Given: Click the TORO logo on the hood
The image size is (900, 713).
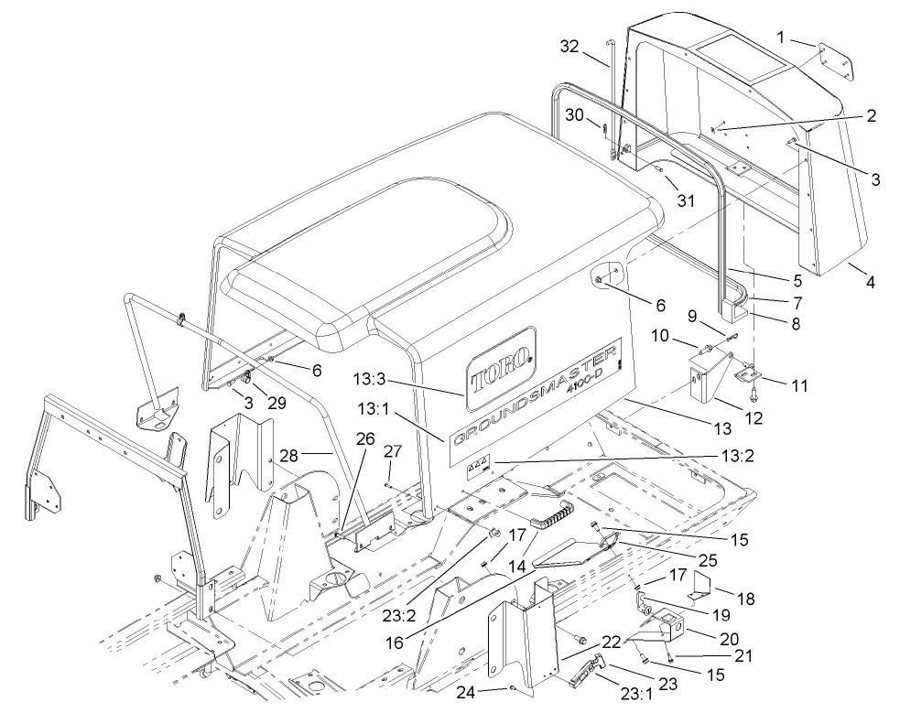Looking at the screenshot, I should [x=500, y=369].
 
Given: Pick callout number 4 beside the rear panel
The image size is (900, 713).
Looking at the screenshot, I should [x=871, y=282].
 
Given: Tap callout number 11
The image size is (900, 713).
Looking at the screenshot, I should [x=799, y=385].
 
